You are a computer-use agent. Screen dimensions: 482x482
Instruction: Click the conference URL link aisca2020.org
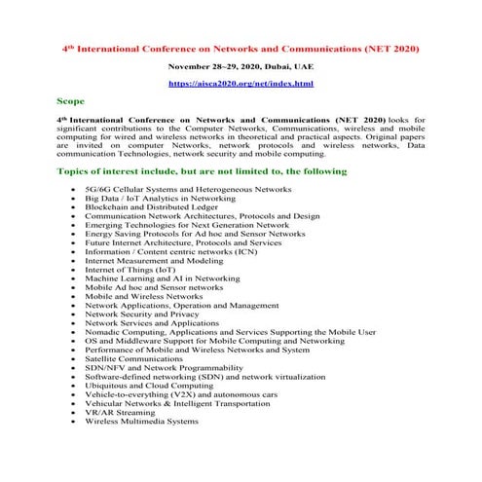(x=241, y=85)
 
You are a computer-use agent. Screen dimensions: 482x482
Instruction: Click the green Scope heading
(x=71, y=102)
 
